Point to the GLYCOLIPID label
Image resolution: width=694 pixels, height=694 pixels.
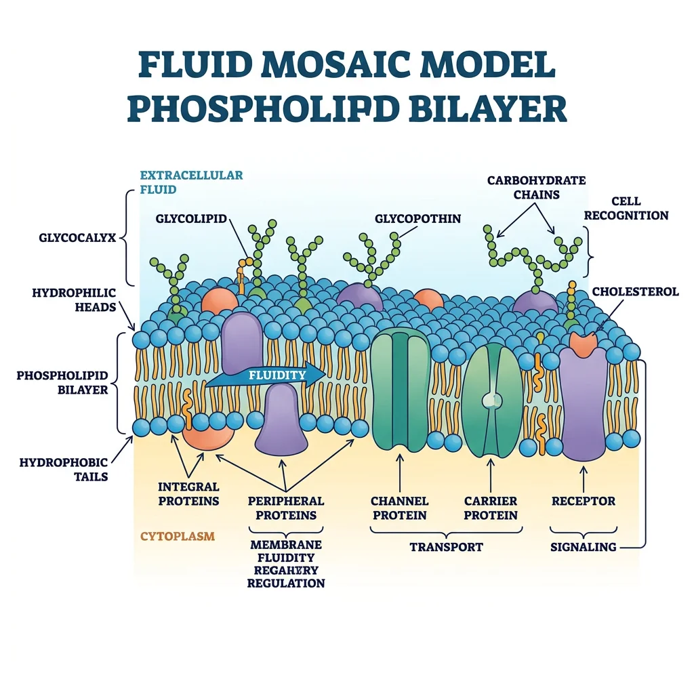pos(190,218)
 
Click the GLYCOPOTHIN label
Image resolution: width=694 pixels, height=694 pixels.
pos(417,218)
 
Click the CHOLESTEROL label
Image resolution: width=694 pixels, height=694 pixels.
pos(635,291)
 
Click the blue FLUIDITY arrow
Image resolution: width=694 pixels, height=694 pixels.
pos(271,375)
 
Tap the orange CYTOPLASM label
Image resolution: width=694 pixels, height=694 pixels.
pos(178,536)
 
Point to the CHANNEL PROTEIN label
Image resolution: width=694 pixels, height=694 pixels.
pos(399,508)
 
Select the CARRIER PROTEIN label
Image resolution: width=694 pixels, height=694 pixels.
pos(491,508)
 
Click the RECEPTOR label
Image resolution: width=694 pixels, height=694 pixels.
pos(583,502)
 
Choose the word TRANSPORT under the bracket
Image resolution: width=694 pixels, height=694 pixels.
pos(446,547)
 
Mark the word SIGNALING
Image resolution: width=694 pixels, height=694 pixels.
pos(583,547)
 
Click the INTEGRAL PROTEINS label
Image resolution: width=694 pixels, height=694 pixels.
pos(188,494)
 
